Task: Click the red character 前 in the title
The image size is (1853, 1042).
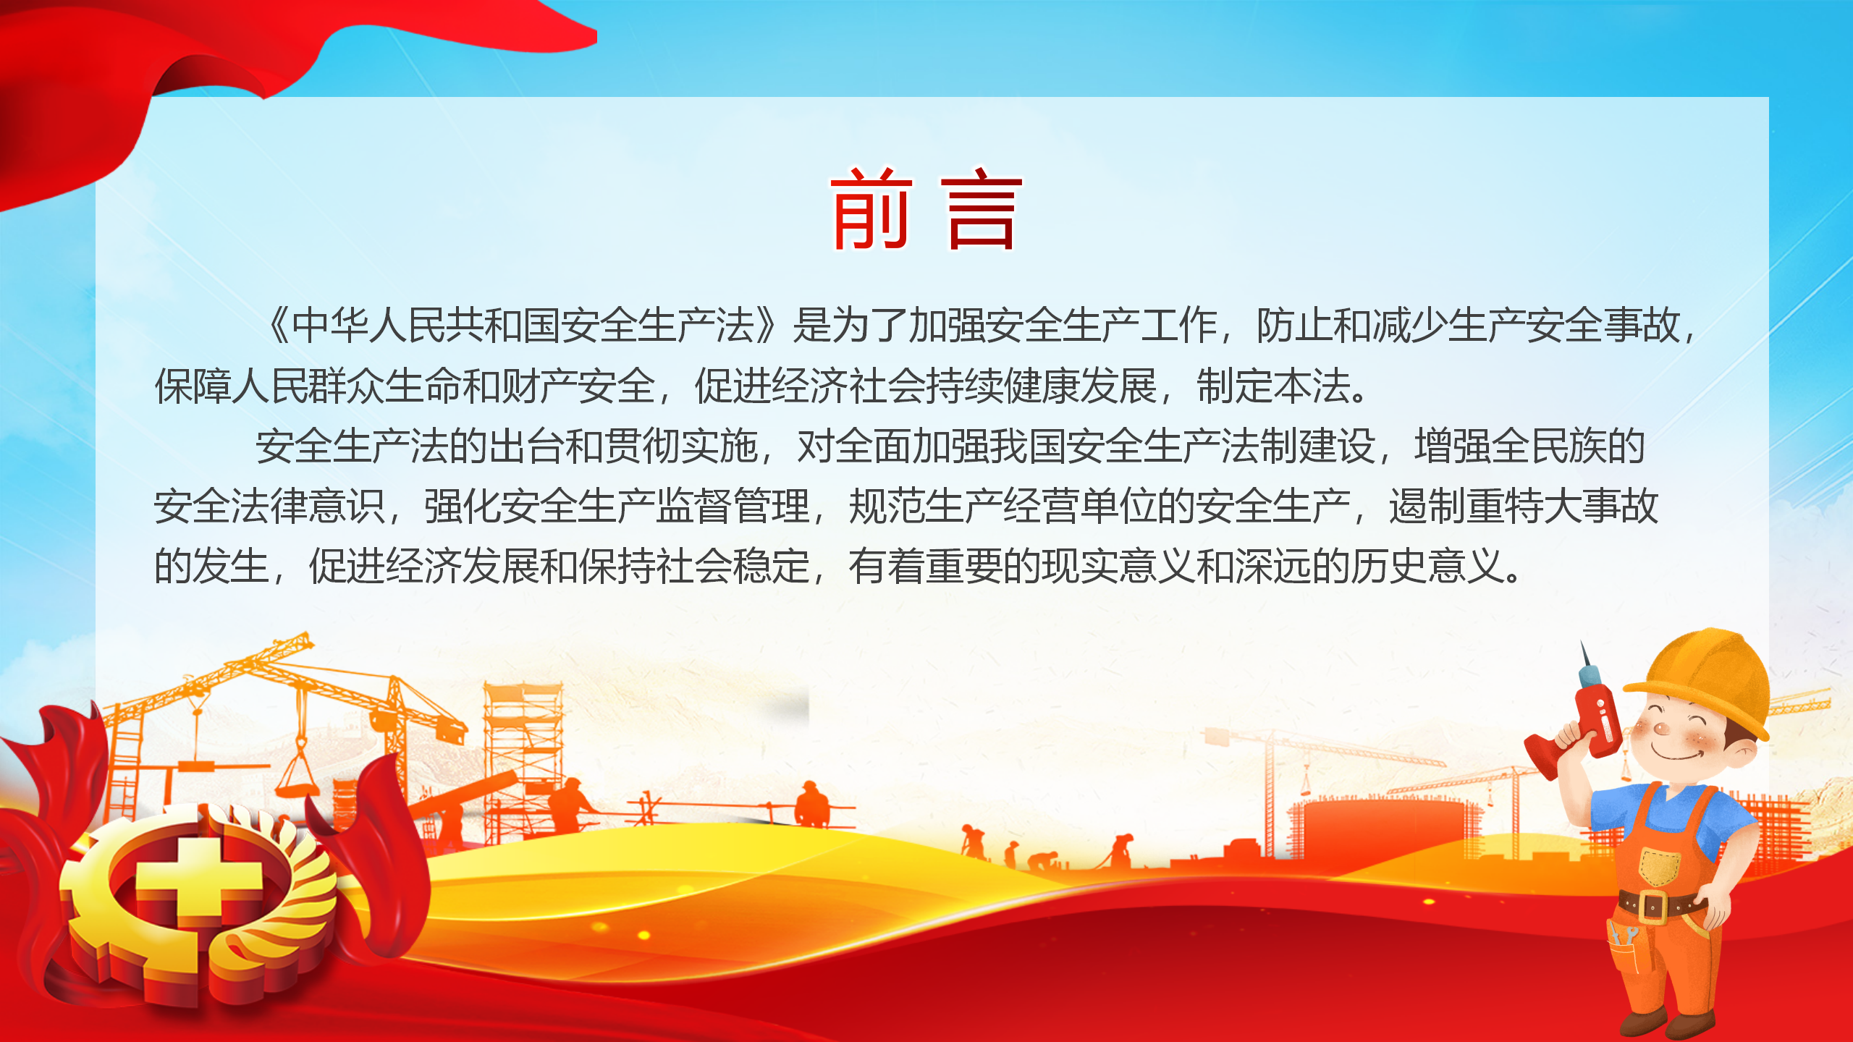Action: click(x=871, y=208)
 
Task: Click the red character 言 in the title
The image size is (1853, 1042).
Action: click(x=981, y=208)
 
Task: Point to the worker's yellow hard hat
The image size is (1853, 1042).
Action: click(x=1701, y=680)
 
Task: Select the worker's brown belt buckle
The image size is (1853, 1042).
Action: click(x=1653, y=905)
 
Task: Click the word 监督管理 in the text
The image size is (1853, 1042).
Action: click(x=733, y=506)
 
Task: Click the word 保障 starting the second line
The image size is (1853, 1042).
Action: click(x=193, y=386)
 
